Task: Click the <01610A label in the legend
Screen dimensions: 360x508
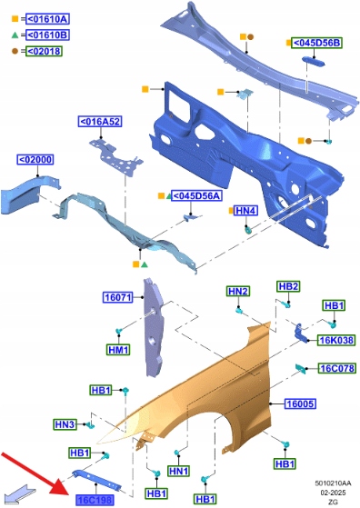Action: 47,19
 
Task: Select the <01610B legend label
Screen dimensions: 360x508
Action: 47,35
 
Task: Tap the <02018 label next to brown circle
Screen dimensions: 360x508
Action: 44,51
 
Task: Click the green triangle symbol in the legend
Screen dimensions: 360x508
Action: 15,35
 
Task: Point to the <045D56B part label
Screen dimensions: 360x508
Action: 317,43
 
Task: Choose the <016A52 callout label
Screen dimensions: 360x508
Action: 100,122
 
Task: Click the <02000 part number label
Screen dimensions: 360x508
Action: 35,159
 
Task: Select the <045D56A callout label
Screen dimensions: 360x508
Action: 196,195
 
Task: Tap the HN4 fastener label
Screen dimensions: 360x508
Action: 245,211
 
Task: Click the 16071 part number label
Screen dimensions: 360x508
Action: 118,297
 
